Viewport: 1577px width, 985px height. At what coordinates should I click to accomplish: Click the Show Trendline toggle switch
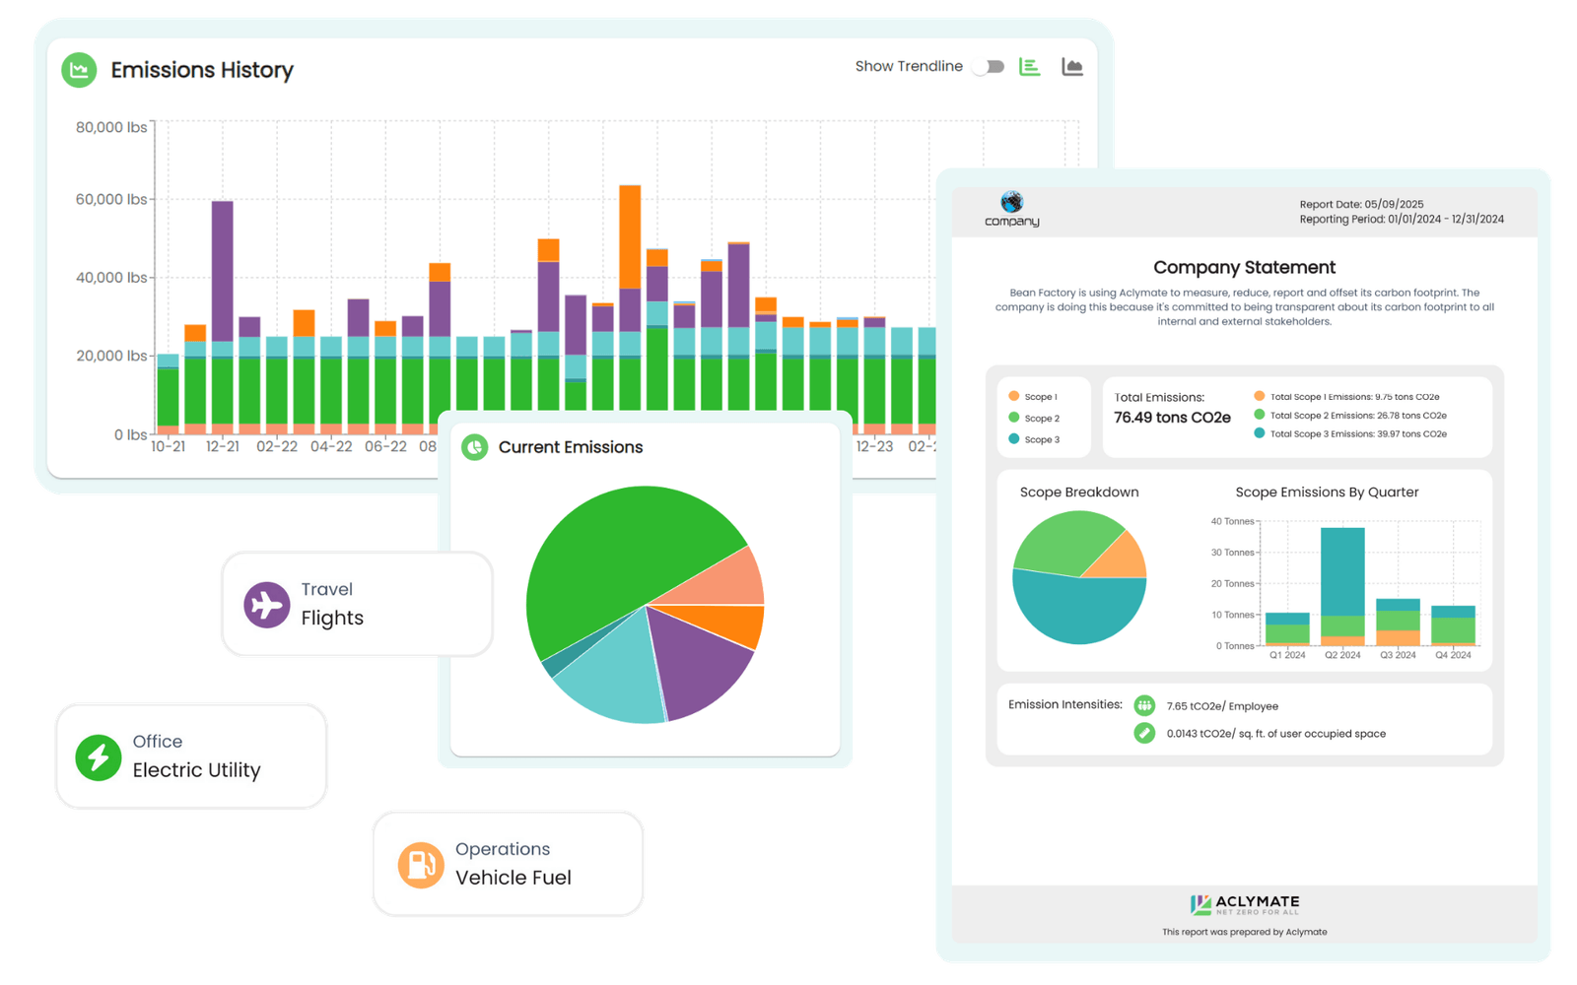point(988,67)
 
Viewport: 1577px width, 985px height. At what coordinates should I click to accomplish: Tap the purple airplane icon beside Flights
point(267,605)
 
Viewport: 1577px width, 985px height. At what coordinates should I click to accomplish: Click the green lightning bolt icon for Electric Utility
point(99,757)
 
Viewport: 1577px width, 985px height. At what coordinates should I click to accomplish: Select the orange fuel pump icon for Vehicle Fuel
point(421,865)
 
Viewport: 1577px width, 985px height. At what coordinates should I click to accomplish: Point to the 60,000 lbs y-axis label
point(111,199)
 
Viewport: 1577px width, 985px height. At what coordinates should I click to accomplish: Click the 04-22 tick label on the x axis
point(331,446)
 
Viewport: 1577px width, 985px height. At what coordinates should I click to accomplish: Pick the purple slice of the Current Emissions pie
point(701,660)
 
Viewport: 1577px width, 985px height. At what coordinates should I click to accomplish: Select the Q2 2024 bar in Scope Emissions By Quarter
point(1342,586)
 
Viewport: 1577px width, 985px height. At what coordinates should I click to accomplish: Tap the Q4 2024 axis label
point(1453,655)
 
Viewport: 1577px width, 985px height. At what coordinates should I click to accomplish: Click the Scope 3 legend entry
point(1034,439)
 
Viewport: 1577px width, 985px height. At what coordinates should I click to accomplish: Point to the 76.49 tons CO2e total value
point(1172,418)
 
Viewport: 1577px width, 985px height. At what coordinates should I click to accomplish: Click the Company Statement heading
point(1244,267)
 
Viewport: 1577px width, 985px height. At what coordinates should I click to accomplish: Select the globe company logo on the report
point(1012,202)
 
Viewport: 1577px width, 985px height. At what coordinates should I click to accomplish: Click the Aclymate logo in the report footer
point(1245,904)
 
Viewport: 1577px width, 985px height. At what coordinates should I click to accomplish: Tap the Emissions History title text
point(202,70)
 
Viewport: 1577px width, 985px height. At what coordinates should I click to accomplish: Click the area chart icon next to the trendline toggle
point(1072,67)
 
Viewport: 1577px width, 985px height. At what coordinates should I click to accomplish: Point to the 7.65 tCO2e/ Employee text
point(1222,706)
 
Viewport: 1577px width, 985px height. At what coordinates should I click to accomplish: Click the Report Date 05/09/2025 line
point(1361,204)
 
